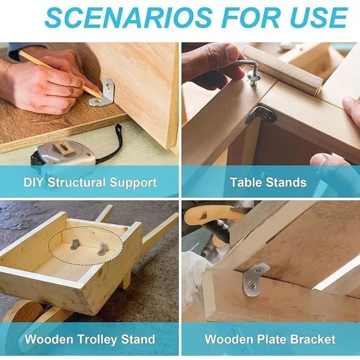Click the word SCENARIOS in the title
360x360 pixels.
(128, 17)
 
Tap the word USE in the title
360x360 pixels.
(317, 17)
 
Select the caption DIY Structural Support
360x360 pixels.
(90, 183)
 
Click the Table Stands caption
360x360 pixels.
(268, 182)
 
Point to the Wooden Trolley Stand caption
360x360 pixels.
(90, 339)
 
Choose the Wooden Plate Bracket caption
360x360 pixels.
(270, 339)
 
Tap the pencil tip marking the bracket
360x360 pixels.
(100, 96)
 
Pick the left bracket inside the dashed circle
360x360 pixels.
(75, 244)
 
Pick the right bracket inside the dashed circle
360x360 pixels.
(102, 249)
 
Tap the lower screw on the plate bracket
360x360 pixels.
(252, 284)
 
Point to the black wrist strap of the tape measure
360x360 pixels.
(112, 145)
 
